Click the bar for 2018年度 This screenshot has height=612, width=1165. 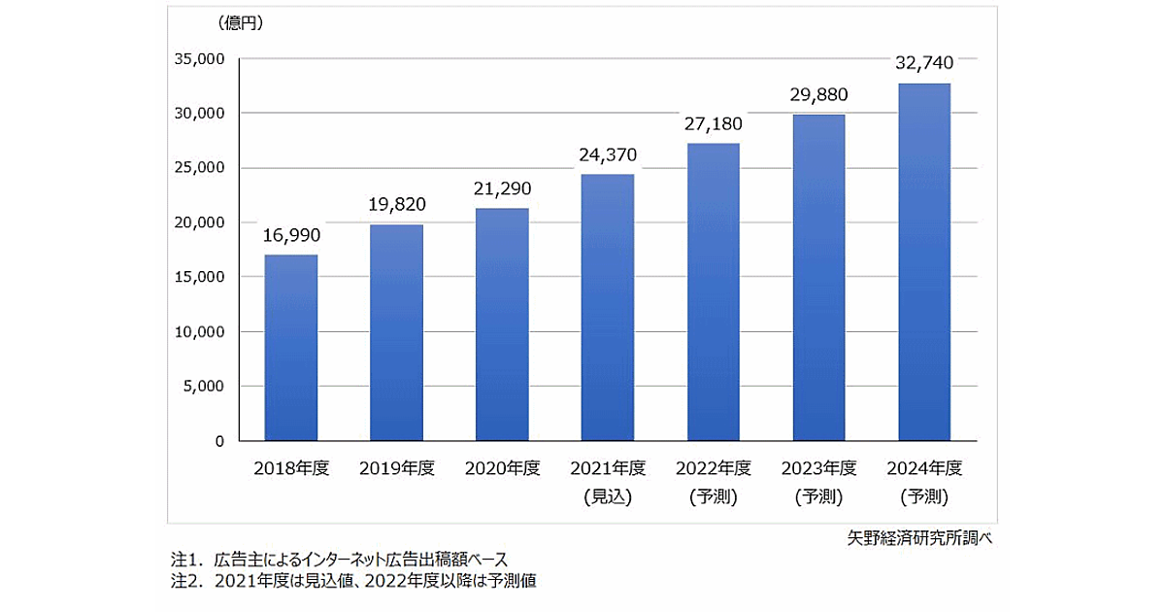(x=291, y=348)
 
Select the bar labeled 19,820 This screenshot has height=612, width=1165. (x=396, y=332)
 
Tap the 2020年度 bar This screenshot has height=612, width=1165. (x=502, y=324)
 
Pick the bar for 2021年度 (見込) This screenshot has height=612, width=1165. (x=607, y=307)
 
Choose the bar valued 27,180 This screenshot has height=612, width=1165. (x=713, y=291)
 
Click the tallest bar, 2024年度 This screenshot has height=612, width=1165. (x=923, y=262)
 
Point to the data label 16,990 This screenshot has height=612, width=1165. (x=291, y=235)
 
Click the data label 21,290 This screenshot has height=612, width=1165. (x=502, y=188)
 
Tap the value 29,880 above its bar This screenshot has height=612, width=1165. (x=818, y=94)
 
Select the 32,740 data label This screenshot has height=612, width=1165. (x=923, y=63)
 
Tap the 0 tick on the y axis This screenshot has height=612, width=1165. (x=218, y=441)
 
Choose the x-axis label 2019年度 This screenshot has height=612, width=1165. (x=396, y=468)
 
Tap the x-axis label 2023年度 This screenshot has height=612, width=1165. (x=818, y=468)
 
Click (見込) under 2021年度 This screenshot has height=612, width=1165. (x=607, y=496)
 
